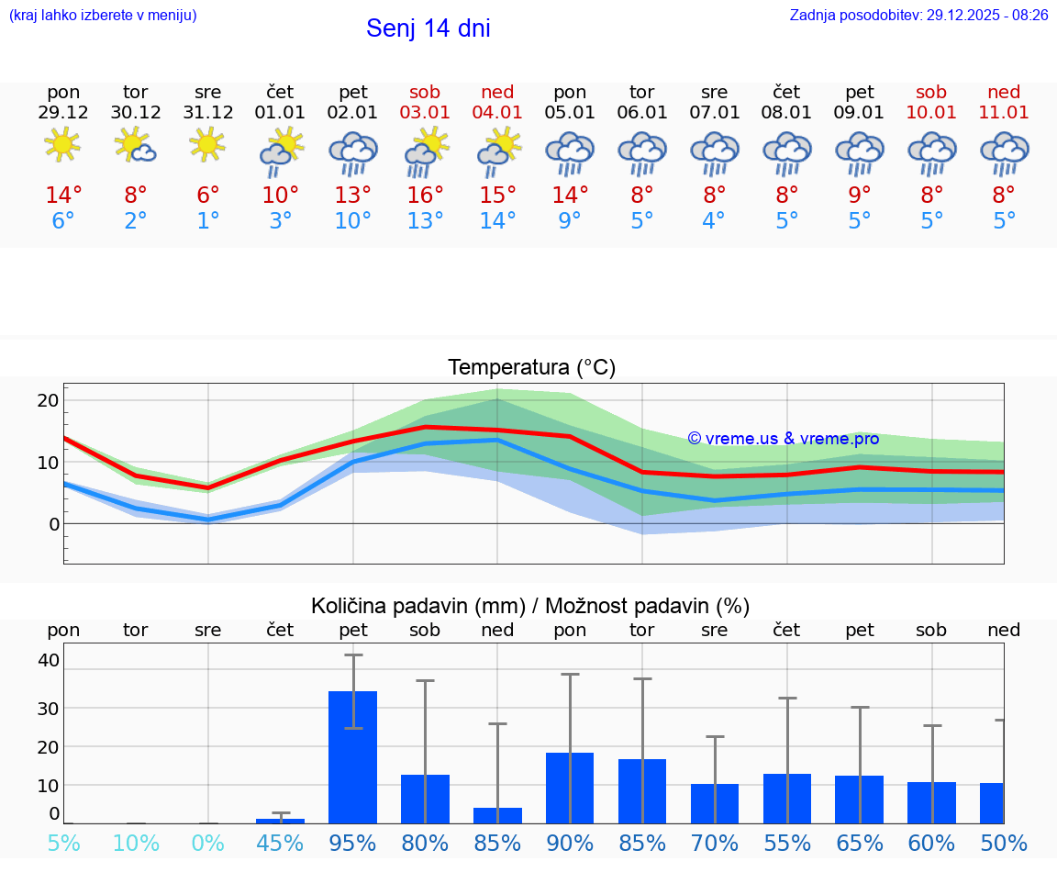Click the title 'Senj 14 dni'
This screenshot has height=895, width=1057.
428,28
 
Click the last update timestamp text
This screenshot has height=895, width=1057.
918,15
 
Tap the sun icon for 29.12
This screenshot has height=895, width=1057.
62,145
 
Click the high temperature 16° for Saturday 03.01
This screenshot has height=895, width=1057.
425,196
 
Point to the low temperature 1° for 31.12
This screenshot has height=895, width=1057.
208,221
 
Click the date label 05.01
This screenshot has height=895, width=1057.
570,113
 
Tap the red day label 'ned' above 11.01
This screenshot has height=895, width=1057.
1004,92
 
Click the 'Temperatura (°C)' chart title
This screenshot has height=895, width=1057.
531,368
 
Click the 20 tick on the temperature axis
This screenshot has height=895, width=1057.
49,400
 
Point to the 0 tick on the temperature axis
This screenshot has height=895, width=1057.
54,524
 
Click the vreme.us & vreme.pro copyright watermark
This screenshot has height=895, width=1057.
783,439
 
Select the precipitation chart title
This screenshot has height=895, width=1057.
530,606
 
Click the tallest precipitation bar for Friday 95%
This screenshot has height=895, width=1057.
353,757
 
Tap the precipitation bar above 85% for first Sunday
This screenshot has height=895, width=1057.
497,815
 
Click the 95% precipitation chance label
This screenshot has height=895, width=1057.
353,843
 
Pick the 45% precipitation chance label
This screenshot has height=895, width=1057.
280,843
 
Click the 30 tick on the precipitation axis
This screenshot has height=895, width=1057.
49,708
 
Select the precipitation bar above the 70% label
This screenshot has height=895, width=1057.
715,803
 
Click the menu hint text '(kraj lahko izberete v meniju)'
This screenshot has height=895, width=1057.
103,15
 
